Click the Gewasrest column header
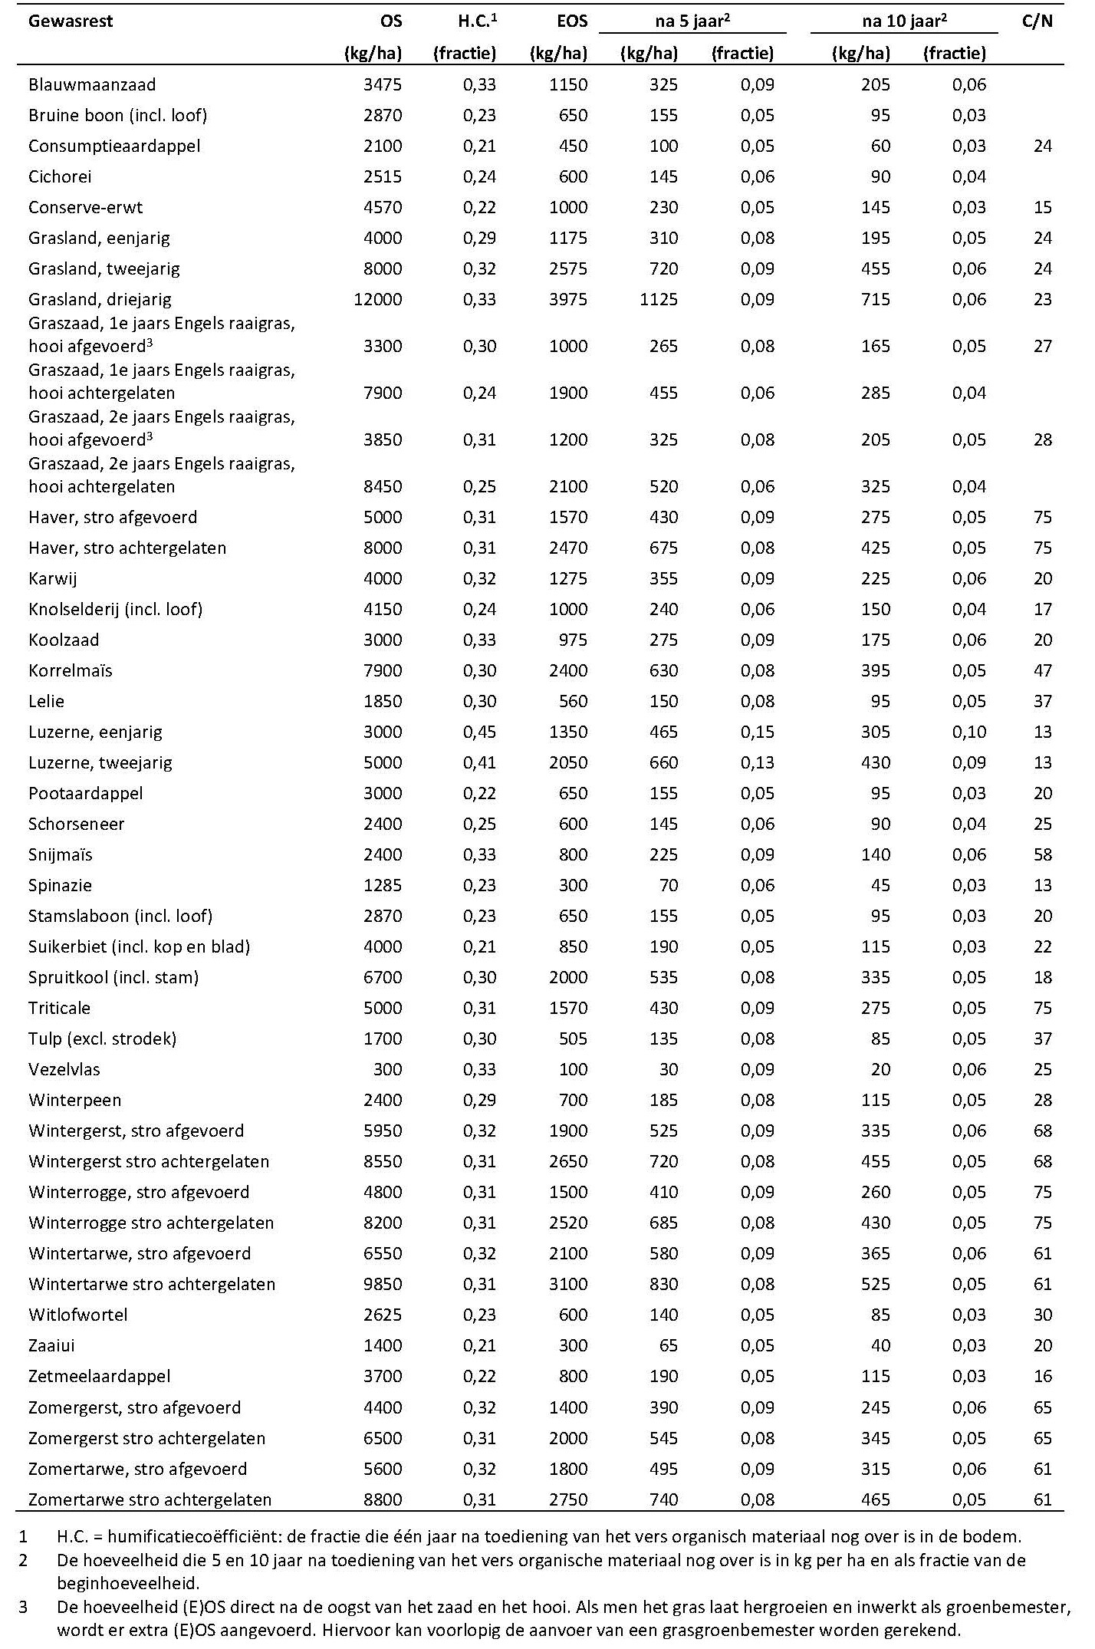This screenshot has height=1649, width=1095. pos(71,21)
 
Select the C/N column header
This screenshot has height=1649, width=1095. pos(1037,21)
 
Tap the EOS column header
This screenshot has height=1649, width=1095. pos(572,21)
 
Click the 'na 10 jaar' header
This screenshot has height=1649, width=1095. pos(904,21)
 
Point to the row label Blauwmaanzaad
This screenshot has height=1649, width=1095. pos(92,84)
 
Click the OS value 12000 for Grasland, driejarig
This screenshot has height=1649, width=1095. pos(377,299)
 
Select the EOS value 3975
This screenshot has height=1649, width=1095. pos(567,299)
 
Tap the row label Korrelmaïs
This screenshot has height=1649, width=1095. pos(71,670)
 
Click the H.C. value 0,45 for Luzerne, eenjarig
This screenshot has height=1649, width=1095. pos(479,732)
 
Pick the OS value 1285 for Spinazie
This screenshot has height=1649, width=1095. pos(383,885)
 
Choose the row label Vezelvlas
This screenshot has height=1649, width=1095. pos(64,1069)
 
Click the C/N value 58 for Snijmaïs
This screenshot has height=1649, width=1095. pos(1042,854)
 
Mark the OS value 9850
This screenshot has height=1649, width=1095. pos(383,1284)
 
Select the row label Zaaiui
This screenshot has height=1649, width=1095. pos(51,1345)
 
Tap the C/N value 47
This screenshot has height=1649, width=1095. pos(1042,670)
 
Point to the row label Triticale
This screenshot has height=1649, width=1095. pos(59,1008)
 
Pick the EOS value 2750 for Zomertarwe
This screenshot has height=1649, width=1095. pos(567,1499)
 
